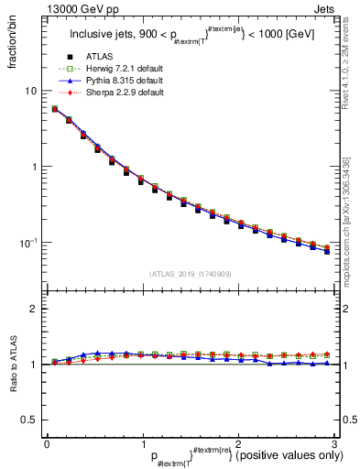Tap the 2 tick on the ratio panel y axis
tap(32, 309)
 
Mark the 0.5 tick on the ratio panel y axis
tap(28, 420)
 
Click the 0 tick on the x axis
tap(47, 443)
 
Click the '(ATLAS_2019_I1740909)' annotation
tap(191, 274)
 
